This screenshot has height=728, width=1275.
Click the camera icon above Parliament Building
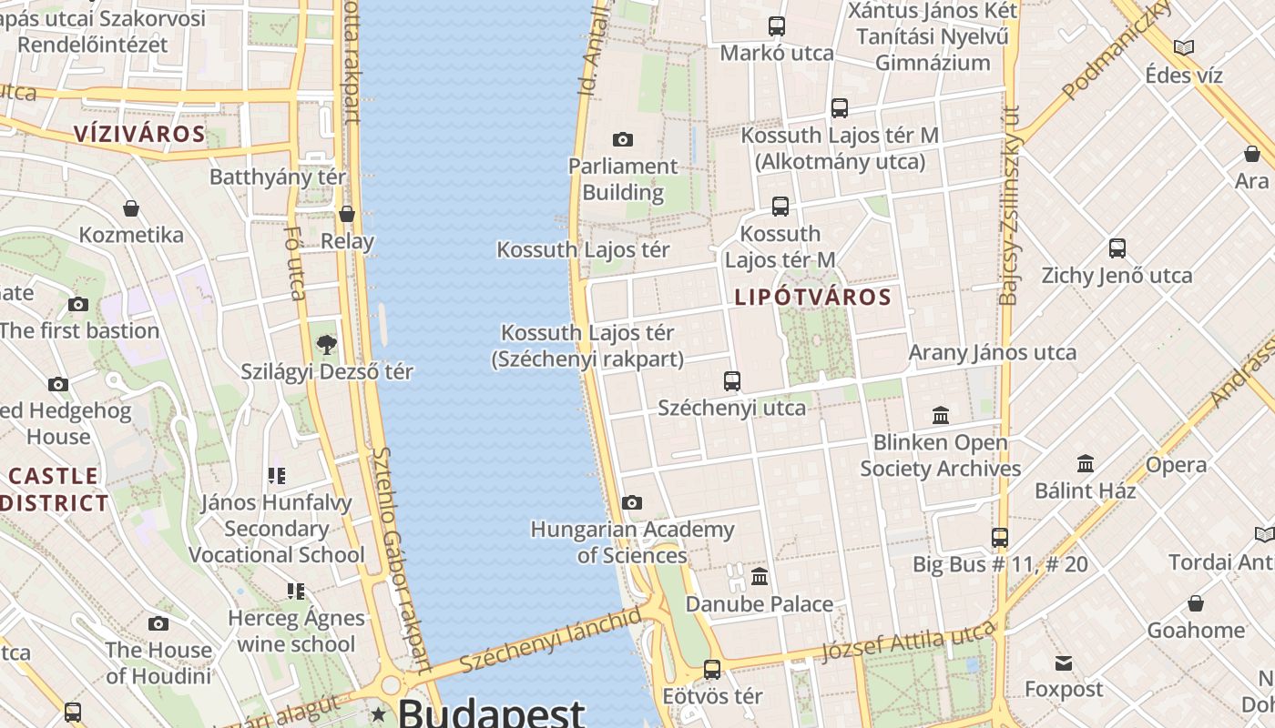pyautogui.click(x=623, y=139)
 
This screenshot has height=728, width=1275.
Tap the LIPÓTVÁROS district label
pyautogui.click(x=812, y=298)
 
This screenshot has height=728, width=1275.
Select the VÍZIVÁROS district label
pyautogui.click(x=139, y=135)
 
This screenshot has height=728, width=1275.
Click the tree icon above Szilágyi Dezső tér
pyautogui.click(x=326, y=344)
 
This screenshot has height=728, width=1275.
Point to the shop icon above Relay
pyautogui.click(x=347, y=214)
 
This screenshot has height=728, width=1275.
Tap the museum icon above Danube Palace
pyautogui.click(x=760, y=576)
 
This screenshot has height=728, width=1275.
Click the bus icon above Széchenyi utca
pyautogui.click(x=732, y=380)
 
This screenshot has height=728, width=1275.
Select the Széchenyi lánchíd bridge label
pyautogui.click(x=550, y=642)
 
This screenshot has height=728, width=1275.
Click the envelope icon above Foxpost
pyautogui.click(x=1063, y=662)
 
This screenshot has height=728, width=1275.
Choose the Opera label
pyautogui.click(x=1201, y=465)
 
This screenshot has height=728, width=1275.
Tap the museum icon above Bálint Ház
pyautogui.click(x=1086, y=463)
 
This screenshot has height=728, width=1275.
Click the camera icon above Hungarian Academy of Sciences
pyautogui.click(x=632, y=502)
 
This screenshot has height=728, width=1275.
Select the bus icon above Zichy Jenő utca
pyautogui.click(x=1117, y=248)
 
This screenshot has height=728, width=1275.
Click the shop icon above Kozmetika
pyautogui.click(x=131, y=208)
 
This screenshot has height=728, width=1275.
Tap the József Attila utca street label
pyautogui.click(x=908, y=642)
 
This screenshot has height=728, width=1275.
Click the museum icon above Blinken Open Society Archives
pyautogui.click(x=941, y=416)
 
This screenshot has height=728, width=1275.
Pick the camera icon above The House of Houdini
pyautogui.click(x=158, y=623)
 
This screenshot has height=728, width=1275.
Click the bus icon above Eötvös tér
pyautogui.click(x=712, y=669)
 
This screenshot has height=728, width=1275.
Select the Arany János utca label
pyautogui.click(x=993, y=352)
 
